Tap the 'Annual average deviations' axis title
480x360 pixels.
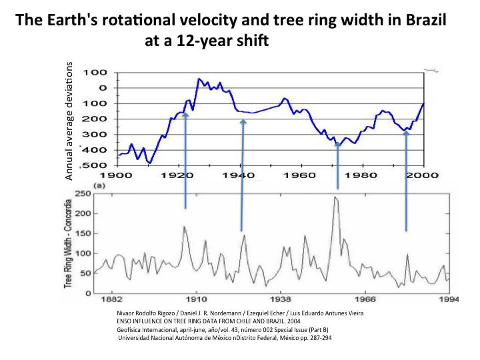click(69, 121)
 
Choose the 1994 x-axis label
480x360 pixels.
click(451, 300)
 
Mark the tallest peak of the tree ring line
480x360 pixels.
click(335, 197)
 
